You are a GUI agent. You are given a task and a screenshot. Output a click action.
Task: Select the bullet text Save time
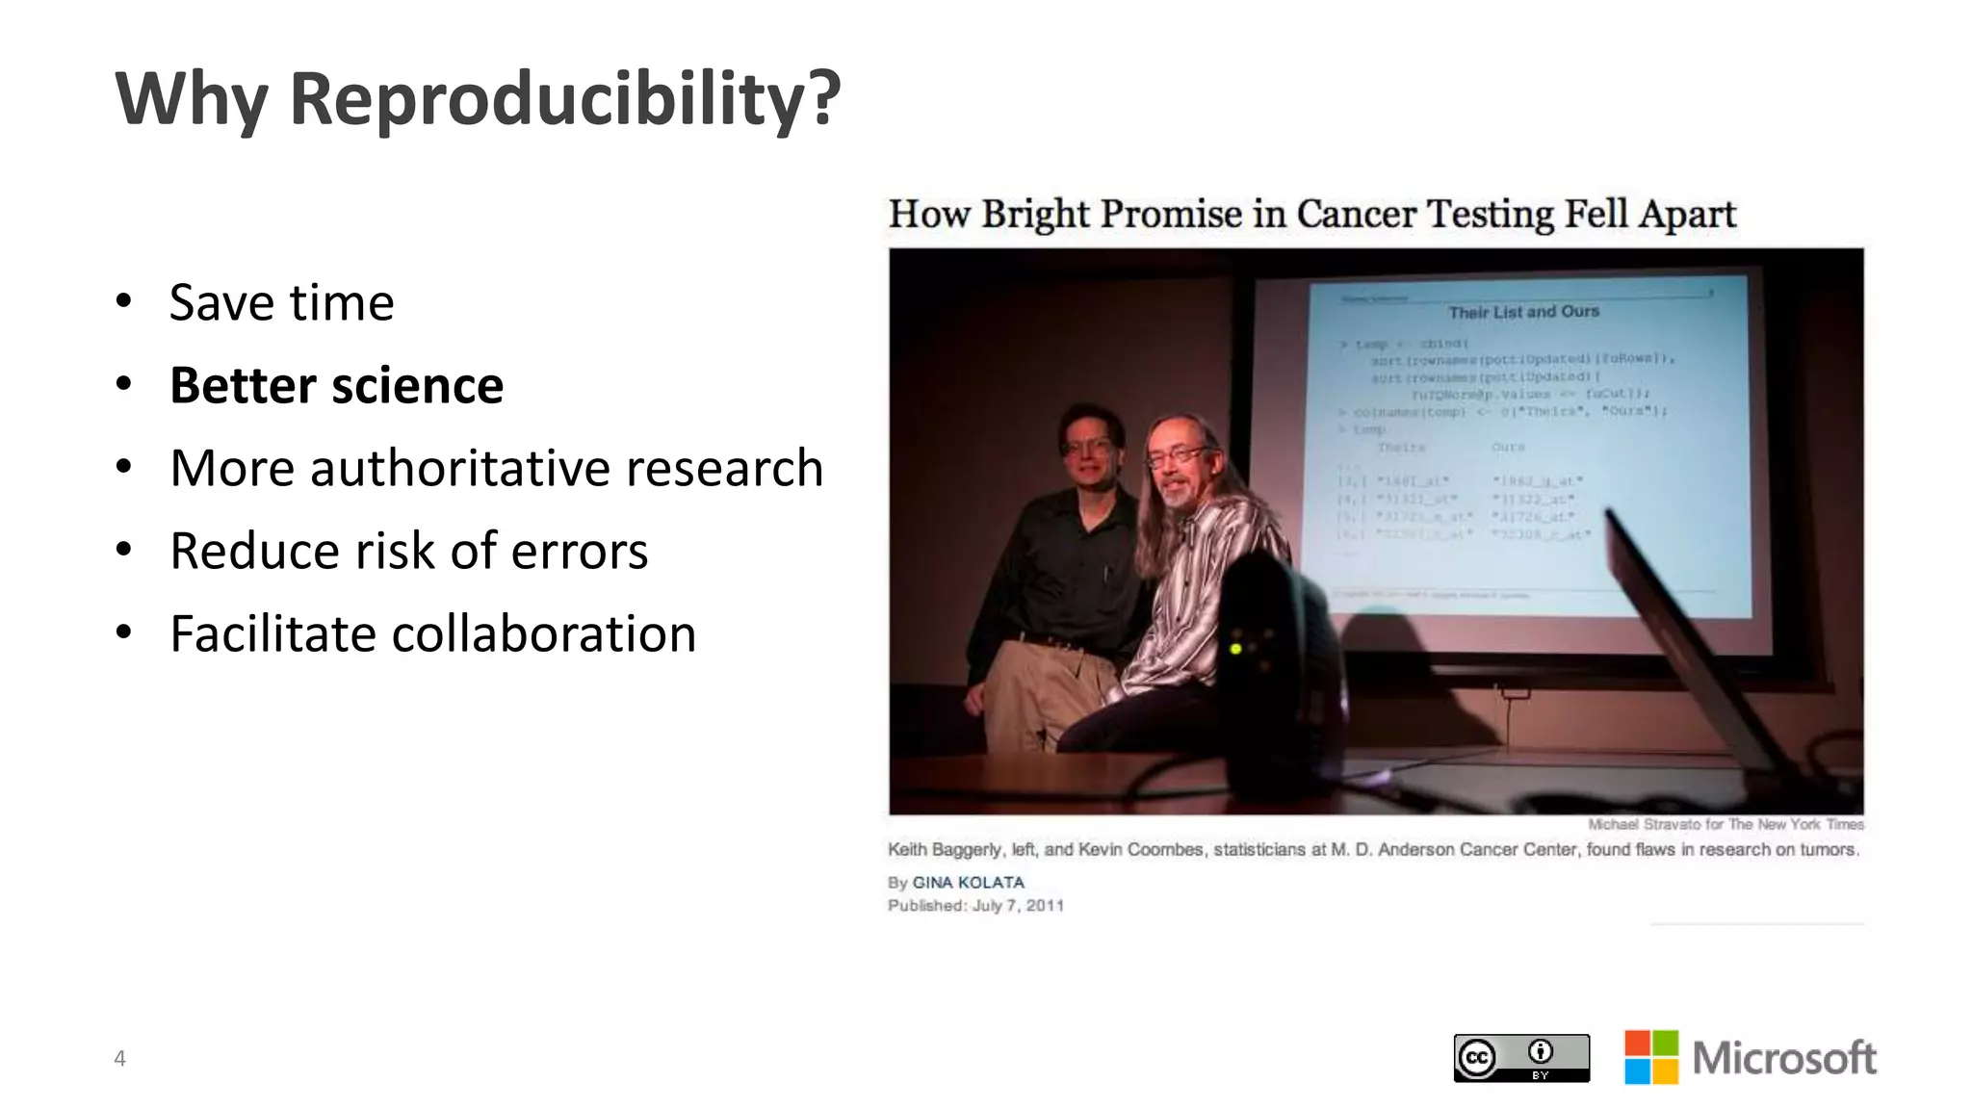[281, 303]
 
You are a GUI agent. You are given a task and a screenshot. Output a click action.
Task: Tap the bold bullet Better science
[336, 386]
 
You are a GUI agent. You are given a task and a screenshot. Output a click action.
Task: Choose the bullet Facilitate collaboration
[432, 634]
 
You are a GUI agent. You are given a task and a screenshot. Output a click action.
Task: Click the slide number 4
[119, 1059]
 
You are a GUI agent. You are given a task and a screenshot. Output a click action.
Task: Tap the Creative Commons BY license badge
[1520, 1058]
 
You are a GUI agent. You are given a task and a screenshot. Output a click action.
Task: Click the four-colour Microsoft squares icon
[1650, 1057]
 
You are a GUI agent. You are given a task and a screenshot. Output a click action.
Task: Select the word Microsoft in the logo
[1783, 1058]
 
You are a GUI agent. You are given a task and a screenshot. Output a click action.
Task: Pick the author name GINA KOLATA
[968, 883]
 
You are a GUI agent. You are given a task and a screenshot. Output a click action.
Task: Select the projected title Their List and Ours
[1523, 312]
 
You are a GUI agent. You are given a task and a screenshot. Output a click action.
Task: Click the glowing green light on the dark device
[1235, 649]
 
